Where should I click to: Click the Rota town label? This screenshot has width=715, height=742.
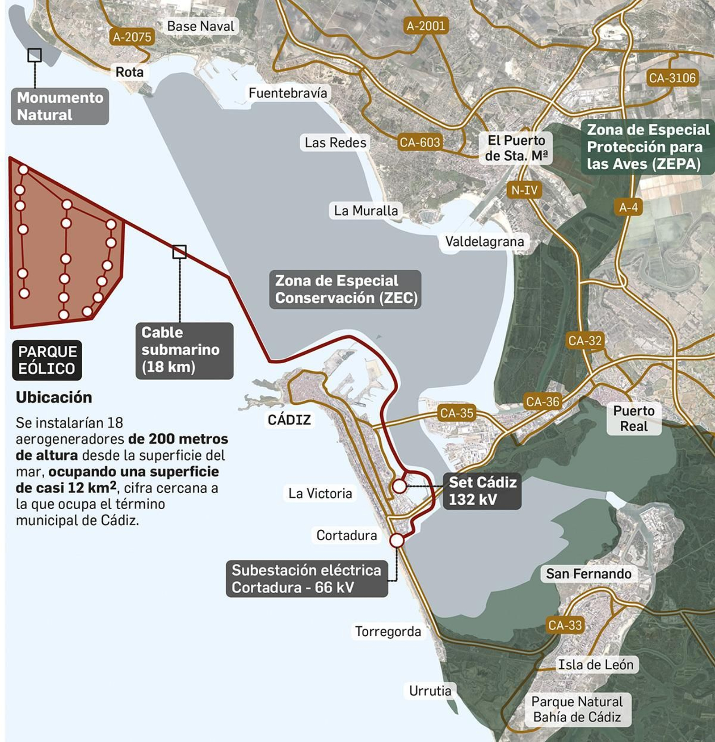[130, 72]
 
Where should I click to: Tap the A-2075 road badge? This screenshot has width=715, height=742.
[132, 37]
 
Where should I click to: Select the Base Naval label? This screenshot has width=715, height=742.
[201, 26]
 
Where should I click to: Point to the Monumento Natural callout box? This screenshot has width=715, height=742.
[60, 106]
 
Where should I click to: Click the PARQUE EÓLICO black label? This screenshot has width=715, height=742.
[47, 360]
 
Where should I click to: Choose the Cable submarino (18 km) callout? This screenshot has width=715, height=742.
[184, 350]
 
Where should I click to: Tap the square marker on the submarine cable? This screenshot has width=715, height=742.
[180, 252]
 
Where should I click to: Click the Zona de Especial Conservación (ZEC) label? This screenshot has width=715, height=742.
[345, 289]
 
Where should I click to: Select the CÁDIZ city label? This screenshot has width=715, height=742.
[289, 420]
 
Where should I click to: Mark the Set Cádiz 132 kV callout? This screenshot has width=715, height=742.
[482, 490]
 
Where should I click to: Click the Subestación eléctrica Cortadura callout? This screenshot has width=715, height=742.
[307, 579]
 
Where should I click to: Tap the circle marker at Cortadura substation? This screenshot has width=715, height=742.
[396, 541]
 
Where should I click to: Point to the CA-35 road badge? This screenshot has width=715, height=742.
[456, 413]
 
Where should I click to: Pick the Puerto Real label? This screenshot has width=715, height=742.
[634, 419]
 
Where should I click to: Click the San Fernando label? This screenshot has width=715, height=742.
[589, 574]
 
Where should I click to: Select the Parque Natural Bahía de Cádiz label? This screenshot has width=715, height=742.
[577, 709]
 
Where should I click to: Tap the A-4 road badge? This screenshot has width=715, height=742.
[628, 207]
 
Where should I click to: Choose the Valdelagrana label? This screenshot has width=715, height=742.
[484, 242]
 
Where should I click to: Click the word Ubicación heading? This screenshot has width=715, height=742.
[54, 398]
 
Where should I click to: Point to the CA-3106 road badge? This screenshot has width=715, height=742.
[673, 78]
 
